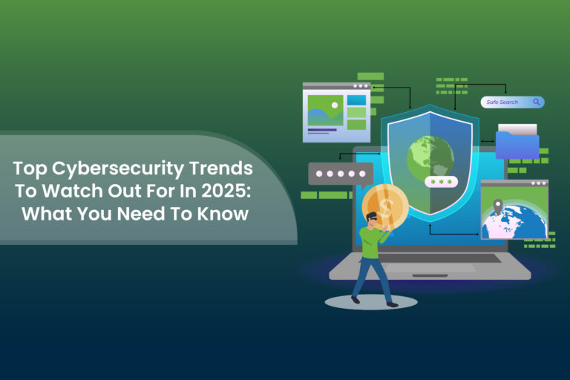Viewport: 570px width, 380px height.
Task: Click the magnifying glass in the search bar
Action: point(536,102)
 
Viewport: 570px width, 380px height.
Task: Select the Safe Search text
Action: point(502,102)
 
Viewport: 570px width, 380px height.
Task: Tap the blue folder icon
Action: point(517,145)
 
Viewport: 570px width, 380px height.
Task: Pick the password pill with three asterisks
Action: point(441,182)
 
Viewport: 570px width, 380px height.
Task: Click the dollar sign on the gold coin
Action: point(385,205)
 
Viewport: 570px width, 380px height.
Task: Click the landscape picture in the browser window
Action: point(324,110)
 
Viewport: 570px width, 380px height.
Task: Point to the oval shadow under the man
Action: point(371,302)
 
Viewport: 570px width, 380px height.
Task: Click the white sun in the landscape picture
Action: point(335,105)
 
